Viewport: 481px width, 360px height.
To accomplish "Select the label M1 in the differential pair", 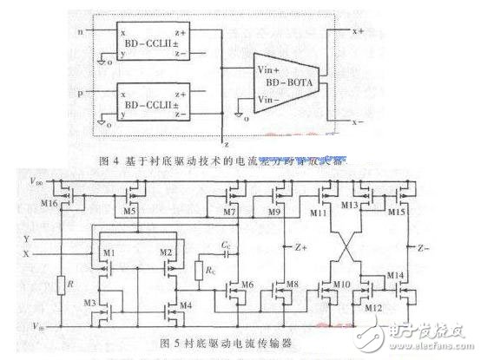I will [x=110, y=253].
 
